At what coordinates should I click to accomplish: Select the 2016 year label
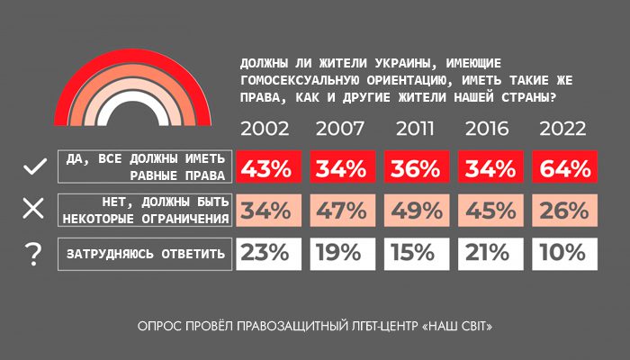pos(489,128)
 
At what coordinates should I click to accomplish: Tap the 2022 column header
pos(562,128)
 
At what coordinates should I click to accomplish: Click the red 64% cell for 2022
pos(562,167)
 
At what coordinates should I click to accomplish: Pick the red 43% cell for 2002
pos(267,167)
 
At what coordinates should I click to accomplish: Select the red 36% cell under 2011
pos(415,167)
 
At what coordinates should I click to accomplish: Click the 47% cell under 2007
pos(341,211)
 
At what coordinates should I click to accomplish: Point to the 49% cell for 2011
pos(415,211)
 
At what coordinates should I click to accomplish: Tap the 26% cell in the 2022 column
pos(562,211)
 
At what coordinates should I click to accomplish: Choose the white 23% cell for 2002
pos(267,254)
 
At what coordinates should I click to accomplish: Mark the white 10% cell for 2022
pos(562,254)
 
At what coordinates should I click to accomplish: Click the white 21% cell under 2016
pos(489,254)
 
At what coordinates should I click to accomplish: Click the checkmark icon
pos(33,167)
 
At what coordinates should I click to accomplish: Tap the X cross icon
pos(33,210)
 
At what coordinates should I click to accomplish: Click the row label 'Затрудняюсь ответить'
pos(145,254)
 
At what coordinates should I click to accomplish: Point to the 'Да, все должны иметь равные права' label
pos(145,167)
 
